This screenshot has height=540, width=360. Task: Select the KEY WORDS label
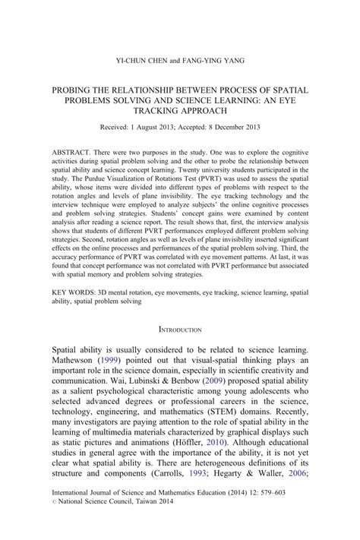click(x=75, y=291)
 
